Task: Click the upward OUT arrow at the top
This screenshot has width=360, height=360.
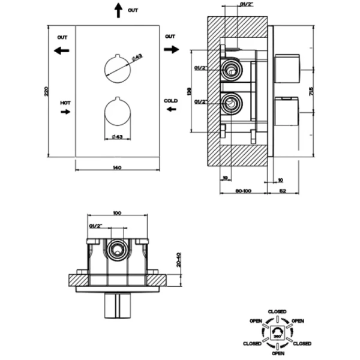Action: pyautogui.click(x=118, y=10)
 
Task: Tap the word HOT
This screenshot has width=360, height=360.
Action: pyautogui.click(x=65, y=103)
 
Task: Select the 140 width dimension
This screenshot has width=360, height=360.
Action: pyautogui.click(x=118, y=167)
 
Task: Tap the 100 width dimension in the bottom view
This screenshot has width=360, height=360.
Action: pyautogui.click(x=118, y=212)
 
